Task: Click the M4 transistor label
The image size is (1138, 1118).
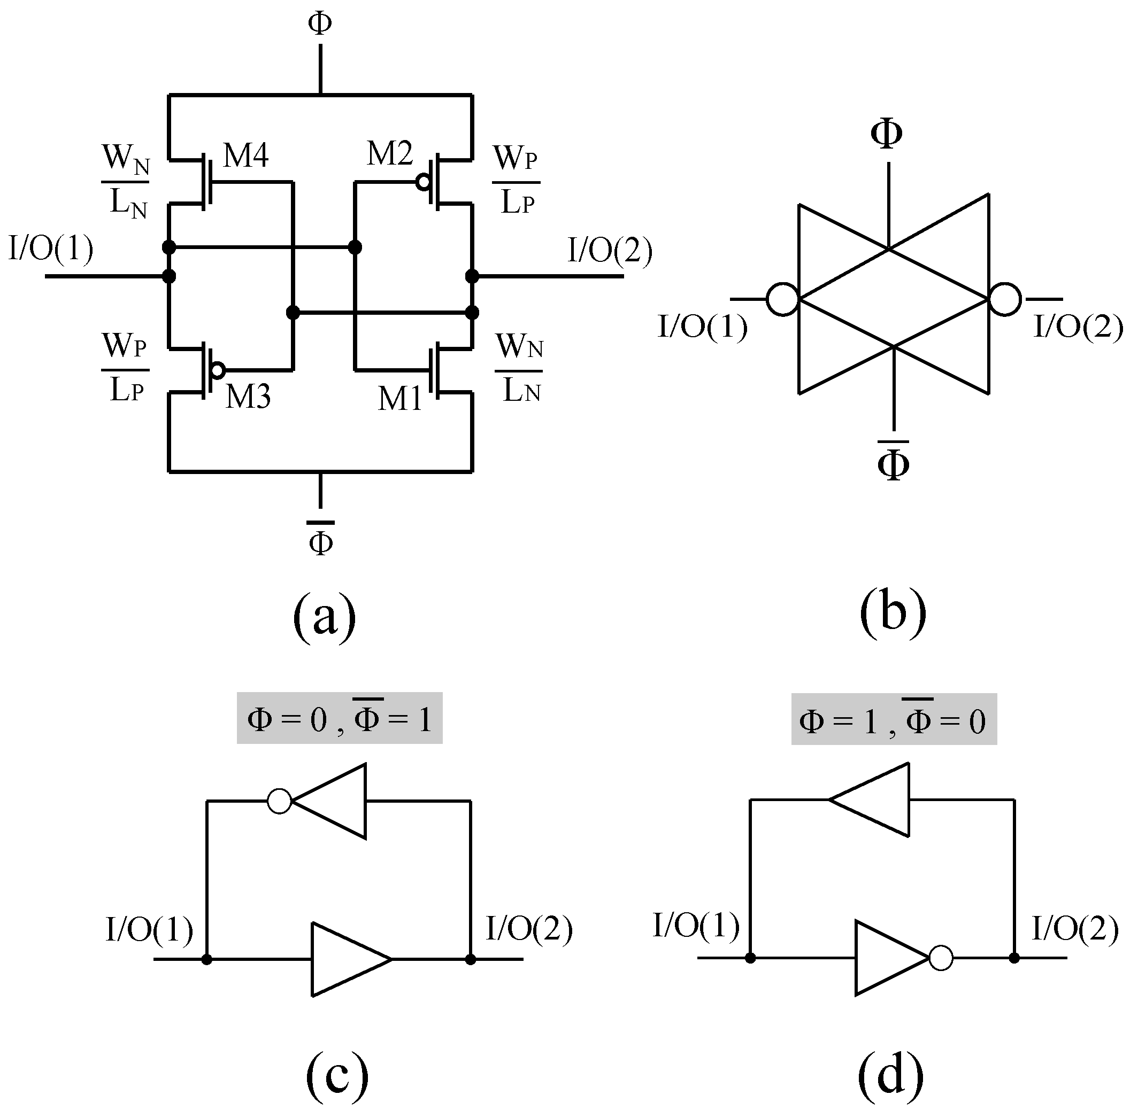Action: pyautogui.click(x=245, y=156)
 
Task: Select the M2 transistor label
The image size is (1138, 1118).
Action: pyautogui.click(x=389, y=154)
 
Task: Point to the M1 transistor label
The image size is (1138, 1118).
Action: pyautogui.click(x=399, y=399)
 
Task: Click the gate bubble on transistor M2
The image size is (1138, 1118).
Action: pyautogui.click(x=423, y=183)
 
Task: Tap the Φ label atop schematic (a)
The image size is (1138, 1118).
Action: pyautogui.click(x=320, y=24)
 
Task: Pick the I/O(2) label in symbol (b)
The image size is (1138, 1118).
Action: pyautogui.click(x=1078, y=327)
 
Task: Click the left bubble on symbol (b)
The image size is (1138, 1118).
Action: pyautogui.click(x=782, y=299)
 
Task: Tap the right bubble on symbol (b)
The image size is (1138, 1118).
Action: pyautogui.click(x=1005, y=299)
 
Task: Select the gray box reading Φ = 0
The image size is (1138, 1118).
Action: pyautogui.click(x=339, y=718)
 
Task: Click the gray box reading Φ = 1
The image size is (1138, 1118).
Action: pyautogui.click(x=893, y=719)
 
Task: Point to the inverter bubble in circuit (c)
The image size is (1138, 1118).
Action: pyautogui.click(x=279, y=801)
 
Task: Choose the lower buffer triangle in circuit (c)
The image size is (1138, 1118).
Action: pyautogui.click(x=344, y=959)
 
